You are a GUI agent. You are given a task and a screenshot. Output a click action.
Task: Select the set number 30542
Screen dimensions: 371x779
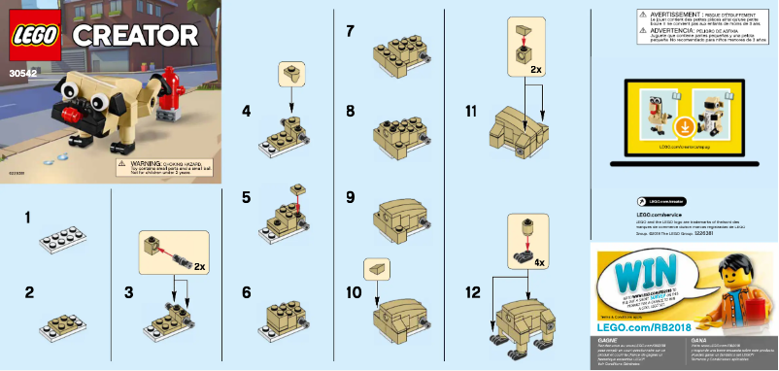pos(21,70)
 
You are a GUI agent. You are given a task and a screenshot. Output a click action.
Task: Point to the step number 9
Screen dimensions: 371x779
pos(350,197)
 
